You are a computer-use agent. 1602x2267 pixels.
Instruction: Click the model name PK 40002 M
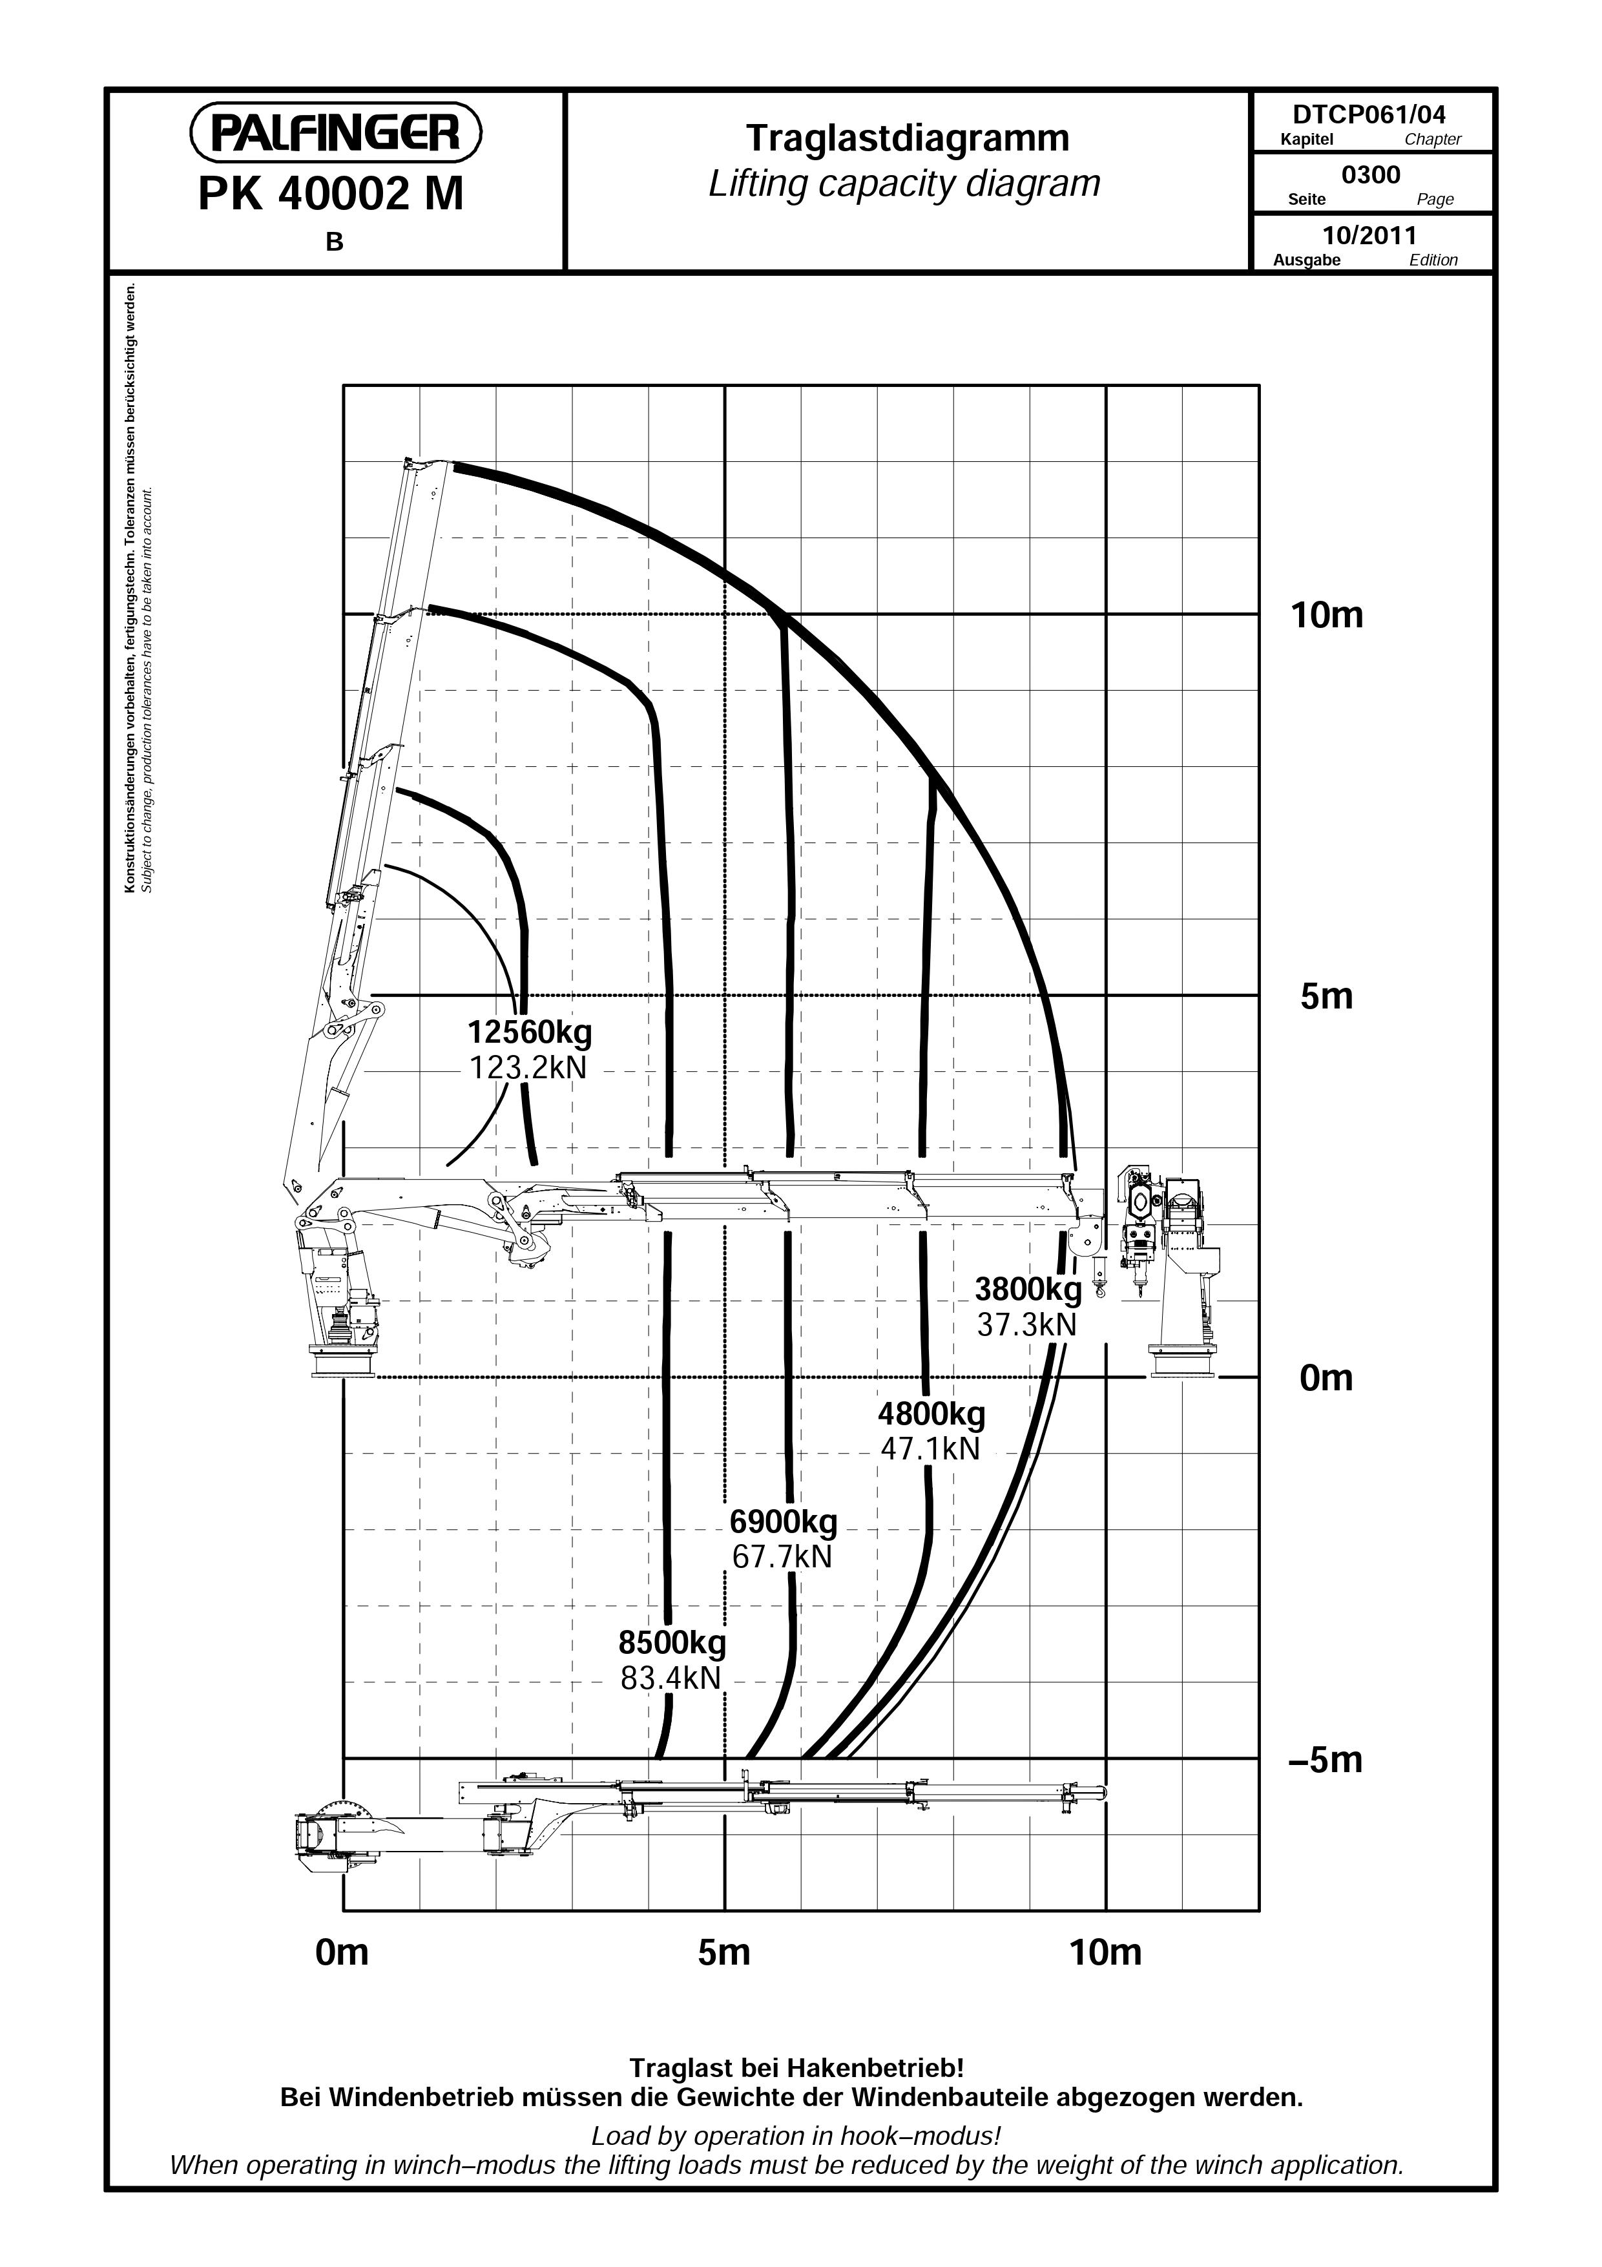point(331,194)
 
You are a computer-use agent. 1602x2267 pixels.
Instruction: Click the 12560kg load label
point(530,1033)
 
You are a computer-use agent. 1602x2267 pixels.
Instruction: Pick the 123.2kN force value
point(527,1067)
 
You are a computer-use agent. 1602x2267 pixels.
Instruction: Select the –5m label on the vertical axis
point(1326,1759)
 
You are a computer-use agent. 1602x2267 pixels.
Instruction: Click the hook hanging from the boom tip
point(1101,1279)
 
